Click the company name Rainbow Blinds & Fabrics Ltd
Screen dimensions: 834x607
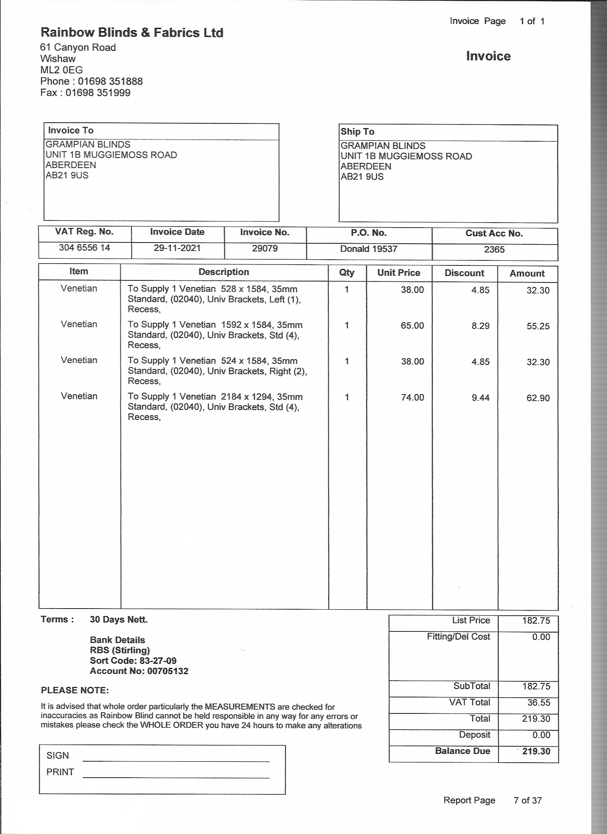pos(132,33)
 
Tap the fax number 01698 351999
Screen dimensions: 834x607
pos(98,93)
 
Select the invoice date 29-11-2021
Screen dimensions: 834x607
pos(177,248)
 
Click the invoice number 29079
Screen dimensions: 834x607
pos(265,249)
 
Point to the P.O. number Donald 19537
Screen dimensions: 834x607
pos(368,249)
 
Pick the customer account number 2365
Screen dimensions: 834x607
pos(494,250)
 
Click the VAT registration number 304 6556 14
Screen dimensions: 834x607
pos(84,248)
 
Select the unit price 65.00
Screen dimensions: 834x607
pos(412,325)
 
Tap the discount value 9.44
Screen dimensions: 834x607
pos(480,397)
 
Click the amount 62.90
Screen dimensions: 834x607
pos(538,398)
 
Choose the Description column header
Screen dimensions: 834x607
pos(224,272)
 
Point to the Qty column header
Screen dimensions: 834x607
pos(347,273)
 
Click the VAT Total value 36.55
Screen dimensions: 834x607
pos(538,702)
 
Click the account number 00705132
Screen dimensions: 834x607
pos(168,671)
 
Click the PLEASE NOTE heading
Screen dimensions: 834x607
pos(75,690)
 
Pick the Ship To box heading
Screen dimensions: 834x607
pos(357,132)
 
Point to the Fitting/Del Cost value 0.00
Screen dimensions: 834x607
pos(541,637)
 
